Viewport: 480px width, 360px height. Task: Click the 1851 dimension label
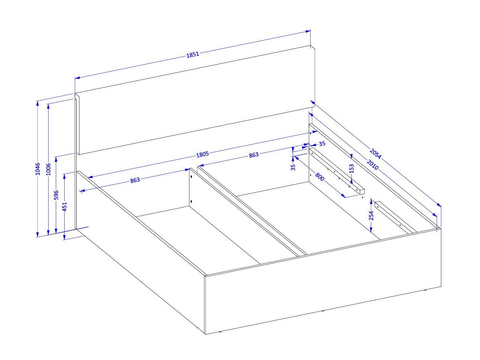click(x=193, y=55)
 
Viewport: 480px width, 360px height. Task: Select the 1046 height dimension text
click(x=38, y=169)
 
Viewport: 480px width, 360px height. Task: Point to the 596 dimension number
click(x=56, y=195)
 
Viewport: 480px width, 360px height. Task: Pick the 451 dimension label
click(x=65, y=207)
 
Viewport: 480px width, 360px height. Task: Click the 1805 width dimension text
click(x=202, y=154)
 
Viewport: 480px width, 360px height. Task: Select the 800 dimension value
click(x=319, y=177)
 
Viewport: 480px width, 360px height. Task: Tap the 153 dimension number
click(x=352, y=169)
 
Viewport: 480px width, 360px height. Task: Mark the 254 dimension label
click(x=371, y=216)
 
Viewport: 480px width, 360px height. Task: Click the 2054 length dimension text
click(x=375, y=154)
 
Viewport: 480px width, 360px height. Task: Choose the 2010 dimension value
click(x=372, y=165)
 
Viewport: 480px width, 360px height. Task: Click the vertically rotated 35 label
click(x=293, y=167)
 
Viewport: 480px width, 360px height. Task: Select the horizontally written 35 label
click(x=322, y=144)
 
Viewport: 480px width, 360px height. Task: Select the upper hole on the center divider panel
click(x=191, y=177)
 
